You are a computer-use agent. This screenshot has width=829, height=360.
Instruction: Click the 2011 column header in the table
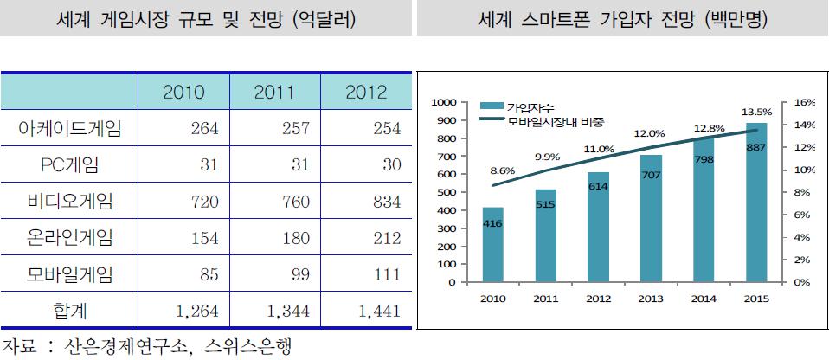pos(274,93)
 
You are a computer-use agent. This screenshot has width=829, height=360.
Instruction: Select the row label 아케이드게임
pos(70,129)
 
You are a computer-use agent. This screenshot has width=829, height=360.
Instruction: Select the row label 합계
pos(70,312)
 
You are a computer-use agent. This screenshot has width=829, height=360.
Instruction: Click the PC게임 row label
pos(70,165)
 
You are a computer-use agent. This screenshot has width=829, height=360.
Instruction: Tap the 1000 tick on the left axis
pos(442,102)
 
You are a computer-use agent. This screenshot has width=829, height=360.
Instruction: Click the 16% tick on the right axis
pos(805,102)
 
